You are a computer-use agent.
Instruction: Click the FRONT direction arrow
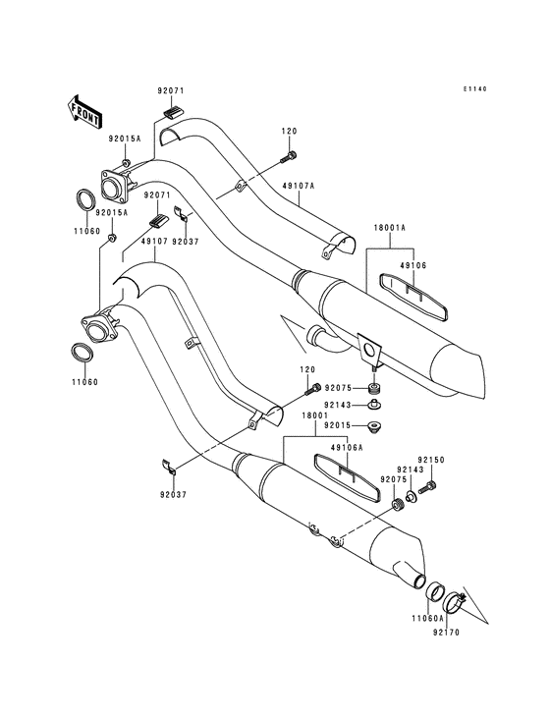pos(84,111)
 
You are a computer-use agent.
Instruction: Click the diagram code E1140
pos(474,89)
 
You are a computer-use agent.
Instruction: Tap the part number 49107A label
pos(299,186)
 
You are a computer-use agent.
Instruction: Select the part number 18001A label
pos(391,228)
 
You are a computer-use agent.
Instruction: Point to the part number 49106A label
pos(347,448)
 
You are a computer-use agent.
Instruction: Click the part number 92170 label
pos(446,633)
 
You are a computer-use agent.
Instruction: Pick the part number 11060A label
pos(427,618)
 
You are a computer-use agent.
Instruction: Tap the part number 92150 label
pos(431,460)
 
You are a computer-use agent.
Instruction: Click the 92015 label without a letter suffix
pos(338,425)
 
